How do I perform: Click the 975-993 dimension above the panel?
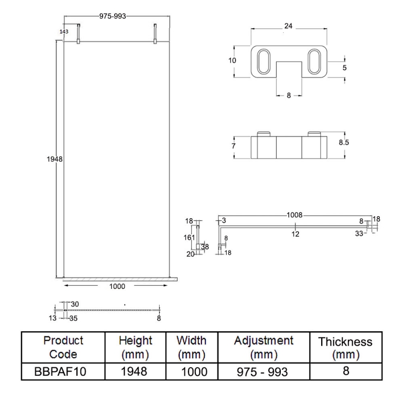113,16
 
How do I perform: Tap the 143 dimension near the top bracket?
64,31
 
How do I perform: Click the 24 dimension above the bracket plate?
288,25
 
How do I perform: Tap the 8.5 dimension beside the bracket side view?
344,143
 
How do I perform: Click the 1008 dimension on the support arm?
294,215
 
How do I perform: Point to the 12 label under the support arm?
295,233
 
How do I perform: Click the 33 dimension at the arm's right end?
359,233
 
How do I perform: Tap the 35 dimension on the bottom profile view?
74,319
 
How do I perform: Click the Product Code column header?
63,347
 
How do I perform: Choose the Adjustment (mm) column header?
263,347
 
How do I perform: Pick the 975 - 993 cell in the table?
263,372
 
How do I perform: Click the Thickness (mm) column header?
345,348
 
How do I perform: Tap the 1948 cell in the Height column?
135,372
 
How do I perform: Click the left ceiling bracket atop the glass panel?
78,35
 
